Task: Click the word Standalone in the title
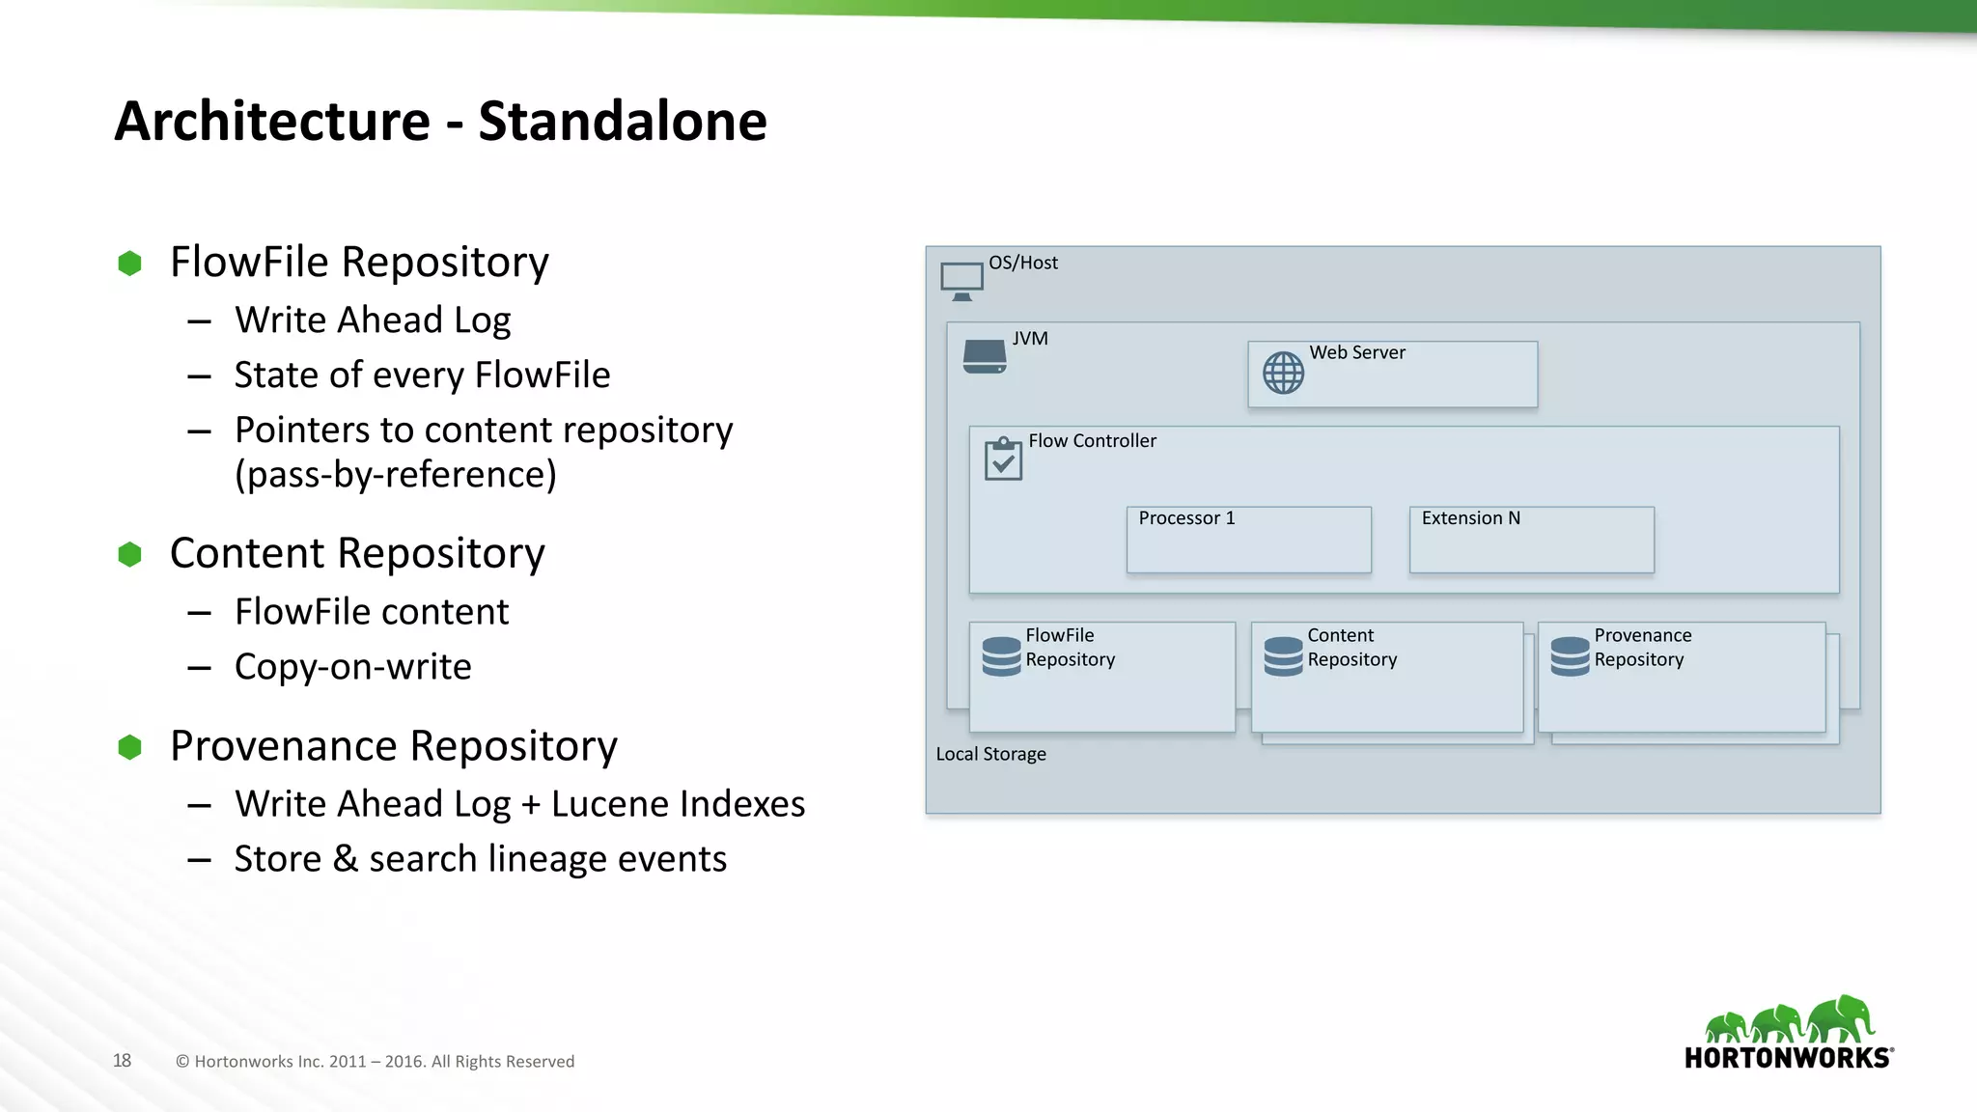pos(622,122)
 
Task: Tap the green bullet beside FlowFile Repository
pos(129,264)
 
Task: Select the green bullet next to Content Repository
pos(129,554)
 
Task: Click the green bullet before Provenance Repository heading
pos(129,747)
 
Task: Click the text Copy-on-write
pos(352,667)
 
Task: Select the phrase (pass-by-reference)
pos(395,475)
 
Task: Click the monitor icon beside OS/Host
pos(961,281)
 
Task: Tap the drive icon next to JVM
pos(985,356)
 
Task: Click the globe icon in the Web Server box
pos(1283,373)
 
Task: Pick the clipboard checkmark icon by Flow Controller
pos(1003,459)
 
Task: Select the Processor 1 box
pos(1248,540)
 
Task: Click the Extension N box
pos(1531,540)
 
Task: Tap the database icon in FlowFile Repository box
pos(1001,656)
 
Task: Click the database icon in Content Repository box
pos(1283,656)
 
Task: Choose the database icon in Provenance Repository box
pos(1570,656)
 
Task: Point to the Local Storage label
pos(990,755)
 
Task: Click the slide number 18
pos(122,1061)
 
